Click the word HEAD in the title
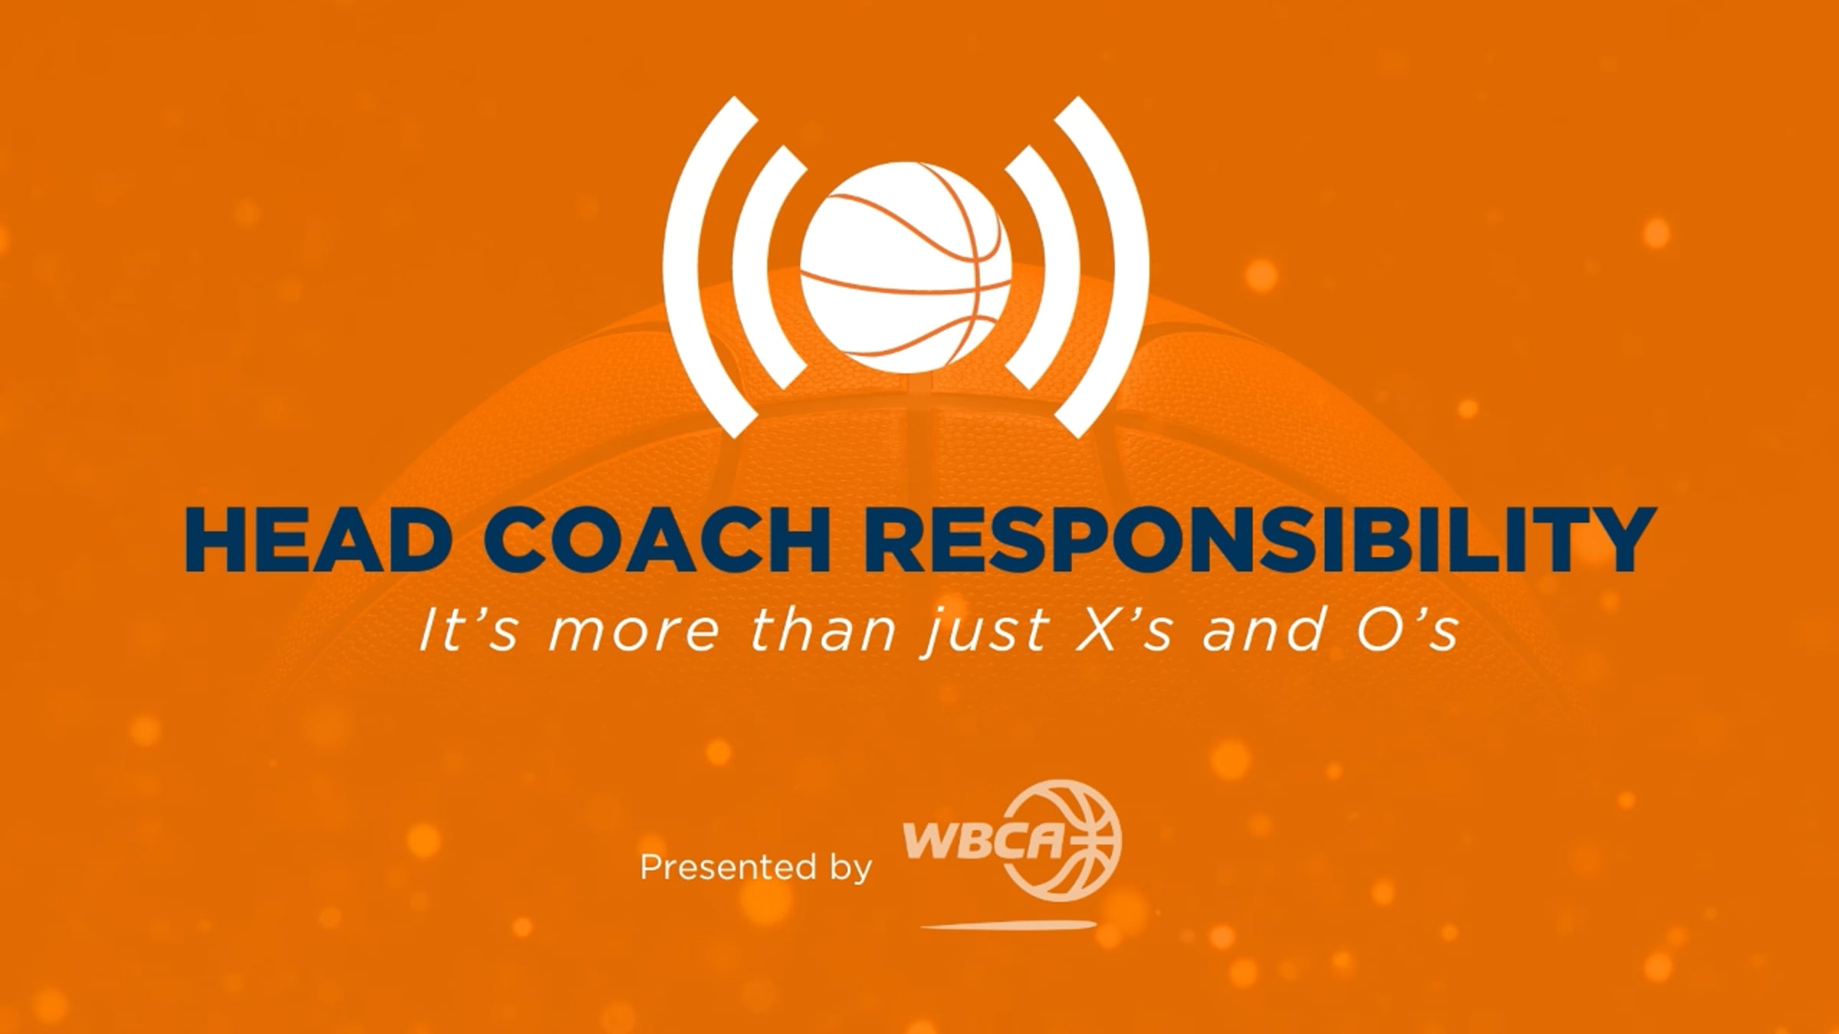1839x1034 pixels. (315, 538)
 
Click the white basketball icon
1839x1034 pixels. (906, 268)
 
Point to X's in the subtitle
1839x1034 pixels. (1123, 630)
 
